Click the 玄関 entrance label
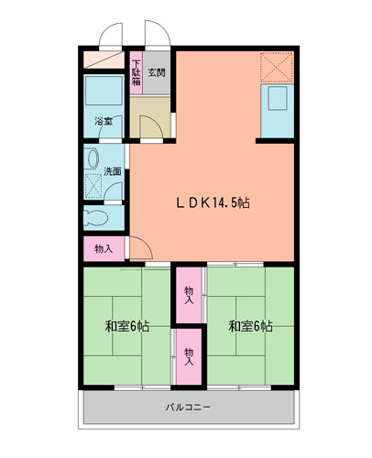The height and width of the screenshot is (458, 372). [x=157, y=72]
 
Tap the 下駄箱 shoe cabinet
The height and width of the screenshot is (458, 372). [x=137, y=72]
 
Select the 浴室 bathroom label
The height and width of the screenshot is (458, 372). [x=104, y=121]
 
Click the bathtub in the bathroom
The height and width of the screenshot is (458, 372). [x=104, y=91]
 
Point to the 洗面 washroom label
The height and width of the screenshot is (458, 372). [x=113, y=171]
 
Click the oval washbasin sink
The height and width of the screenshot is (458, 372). [x=93, y=158]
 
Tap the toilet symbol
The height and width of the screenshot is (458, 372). [x=96, y=218]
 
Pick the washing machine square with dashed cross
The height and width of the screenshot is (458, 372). [x=93, y=186]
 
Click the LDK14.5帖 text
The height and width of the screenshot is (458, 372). [x=213, y=202]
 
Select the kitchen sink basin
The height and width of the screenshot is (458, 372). [x=278, y=98]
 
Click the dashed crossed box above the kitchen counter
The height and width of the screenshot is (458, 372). [x=277, y=67]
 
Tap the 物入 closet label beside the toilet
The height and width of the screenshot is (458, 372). [x=104, y=249]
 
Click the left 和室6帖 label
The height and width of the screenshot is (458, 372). [x=127, y=326]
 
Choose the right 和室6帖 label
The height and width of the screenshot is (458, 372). [x=251, y=326]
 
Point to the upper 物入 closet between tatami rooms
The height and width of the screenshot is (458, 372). [x=189, y=295]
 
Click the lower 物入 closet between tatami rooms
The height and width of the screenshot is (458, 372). [x=189, y=356]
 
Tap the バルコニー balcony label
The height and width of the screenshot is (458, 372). [x=189, y=407]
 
